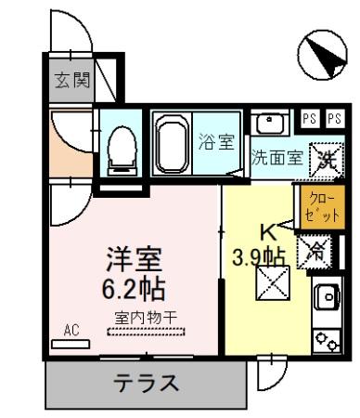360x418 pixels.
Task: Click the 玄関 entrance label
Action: click(70, 82)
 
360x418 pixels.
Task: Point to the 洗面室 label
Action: click(276, 157)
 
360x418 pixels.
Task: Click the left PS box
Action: click(311, 119)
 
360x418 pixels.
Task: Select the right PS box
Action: click(334, 119)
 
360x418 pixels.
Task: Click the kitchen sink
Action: click(327, 297)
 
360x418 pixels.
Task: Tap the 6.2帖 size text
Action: click(133, 284)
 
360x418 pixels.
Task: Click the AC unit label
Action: click(71, 330)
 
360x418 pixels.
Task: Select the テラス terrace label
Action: click(147, 383)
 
